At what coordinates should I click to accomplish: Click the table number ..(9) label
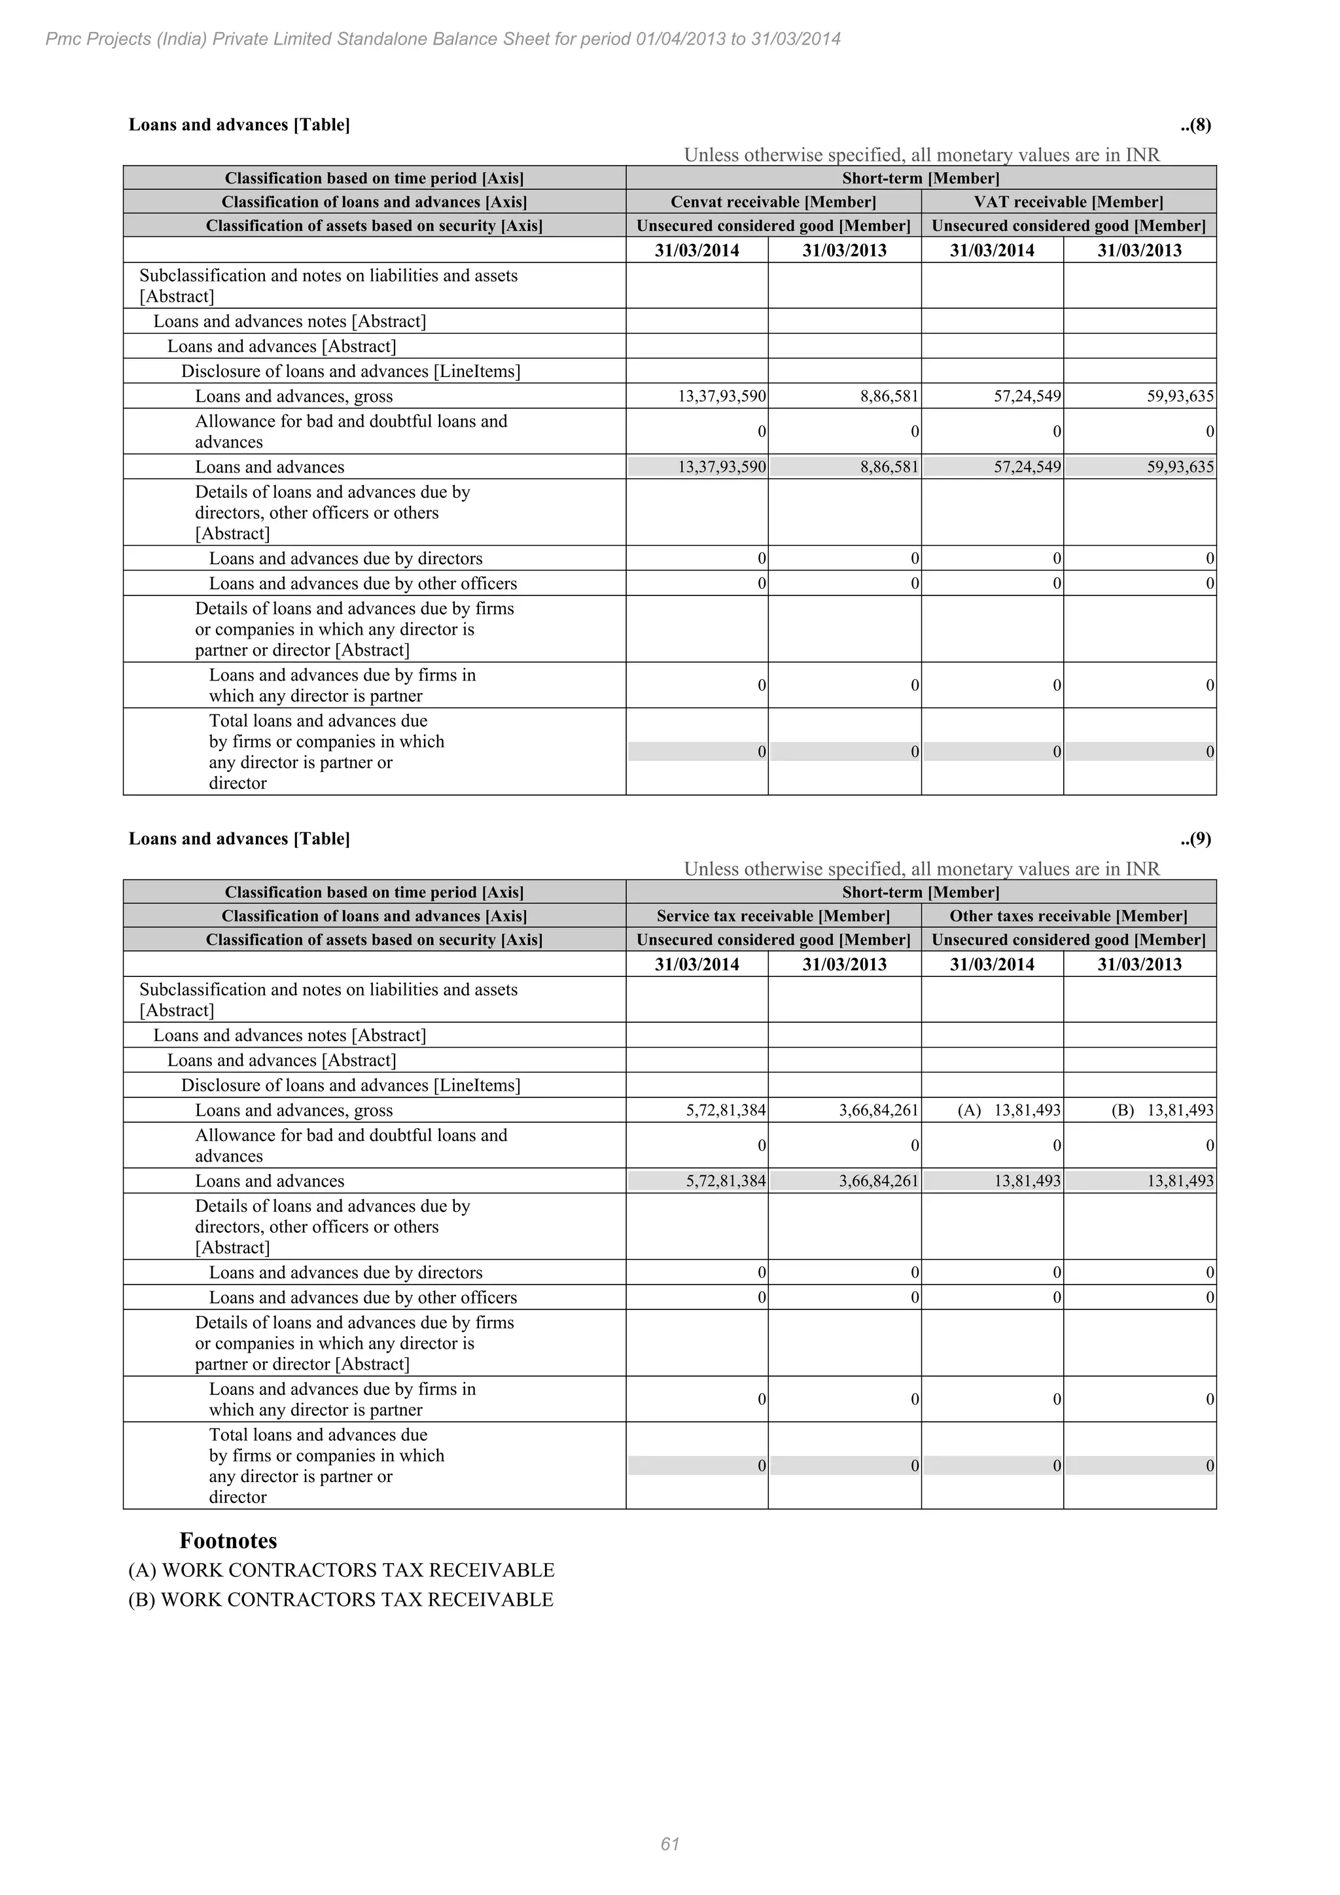click(x=1195, y=839)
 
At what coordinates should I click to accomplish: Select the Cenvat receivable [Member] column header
click(x=773, y=202)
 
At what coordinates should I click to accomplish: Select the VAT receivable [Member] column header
click(x=1068, y=202)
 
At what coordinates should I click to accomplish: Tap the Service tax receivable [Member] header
click(x=773, y=916)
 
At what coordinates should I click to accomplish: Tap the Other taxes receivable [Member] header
click(x=1068, y=916)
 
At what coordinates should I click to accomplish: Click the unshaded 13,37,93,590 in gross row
click(x=722, y=396)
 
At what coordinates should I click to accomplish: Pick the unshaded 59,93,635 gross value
click(x=1180, y=396)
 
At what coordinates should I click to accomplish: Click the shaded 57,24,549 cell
click(x=1027, y=467)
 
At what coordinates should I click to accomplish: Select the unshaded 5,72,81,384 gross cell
click(x=725, y=1110)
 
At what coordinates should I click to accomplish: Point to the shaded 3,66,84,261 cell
click(x=878, y=1181)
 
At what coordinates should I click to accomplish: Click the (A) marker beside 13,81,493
click(x=969, y=1110)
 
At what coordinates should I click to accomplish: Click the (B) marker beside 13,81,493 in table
click(x=1122, y=1110)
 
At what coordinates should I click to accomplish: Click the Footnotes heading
click(x=228, y=1541)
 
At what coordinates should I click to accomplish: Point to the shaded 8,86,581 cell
click(x=889, y=467)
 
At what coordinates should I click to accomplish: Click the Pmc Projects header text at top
click(x=443, y=39)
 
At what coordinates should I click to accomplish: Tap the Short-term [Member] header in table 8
click(x=920, y=178)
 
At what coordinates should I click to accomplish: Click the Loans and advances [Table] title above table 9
click(x=239, y=839)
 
